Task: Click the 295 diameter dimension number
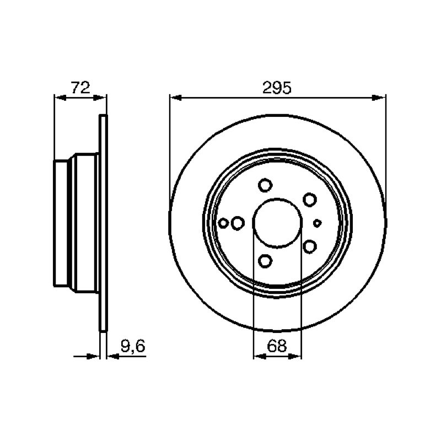(277, 88)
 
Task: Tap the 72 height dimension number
(80, 88)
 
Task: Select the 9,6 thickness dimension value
(133, 346)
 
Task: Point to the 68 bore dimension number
(277, 346)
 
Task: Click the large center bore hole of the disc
(277, 223)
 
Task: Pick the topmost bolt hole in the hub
(265, 185)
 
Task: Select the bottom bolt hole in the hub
(265, 261)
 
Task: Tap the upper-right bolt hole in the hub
(310, 200)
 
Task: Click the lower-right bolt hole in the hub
(310, 246)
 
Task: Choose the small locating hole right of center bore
(318, 223)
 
